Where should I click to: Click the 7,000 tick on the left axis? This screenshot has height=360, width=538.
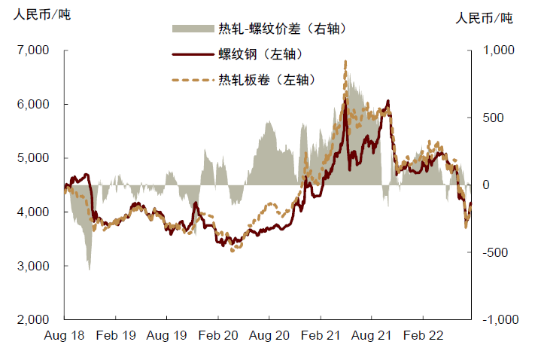[32, 50]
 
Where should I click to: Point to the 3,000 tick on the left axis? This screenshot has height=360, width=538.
[32, 266]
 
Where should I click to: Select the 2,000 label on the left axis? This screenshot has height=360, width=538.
[32, 319]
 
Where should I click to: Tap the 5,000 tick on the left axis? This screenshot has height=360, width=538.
[32, 158]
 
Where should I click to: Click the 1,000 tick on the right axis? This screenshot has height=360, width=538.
[496, 50]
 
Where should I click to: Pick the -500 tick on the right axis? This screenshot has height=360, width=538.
[494, 252]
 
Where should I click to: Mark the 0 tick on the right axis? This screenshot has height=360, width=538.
[486, 185]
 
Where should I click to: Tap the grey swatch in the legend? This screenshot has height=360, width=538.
[193, 29]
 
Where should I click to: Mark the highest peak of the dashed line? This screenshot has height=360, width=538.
[345, 62]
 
